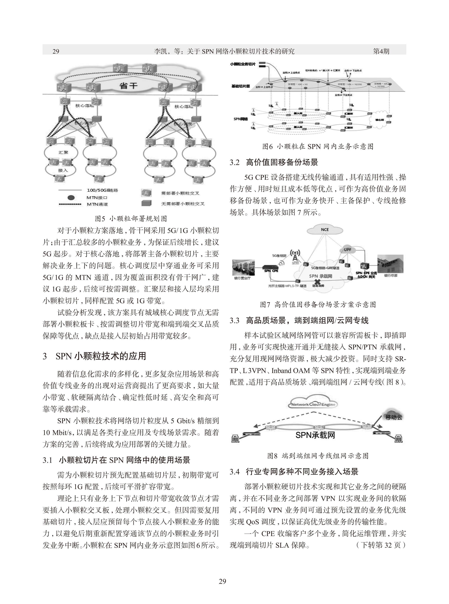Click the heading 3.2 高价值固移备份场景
pyautogui.click(x=274, y=163)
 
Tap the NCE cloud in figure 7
pyautogui.click(x=324, y=230)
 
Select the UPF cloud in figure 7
pyautogui.click(x=348, y=250)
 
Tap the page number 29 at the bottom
pyautogui.click(x=222, y=581)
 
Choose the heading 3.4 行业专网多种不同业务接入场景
pyautogui.click(x=294, y=471)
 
